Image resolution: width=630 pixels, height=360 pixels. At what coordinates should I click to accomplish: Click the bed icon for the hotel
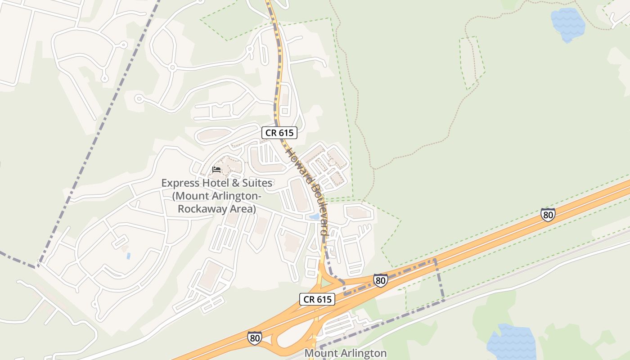pyautogui.click(x=216, y=170)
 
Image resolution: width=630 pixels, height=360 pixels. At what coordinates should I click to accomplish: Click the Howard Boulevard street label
pyautogui.click(x=305, y=191)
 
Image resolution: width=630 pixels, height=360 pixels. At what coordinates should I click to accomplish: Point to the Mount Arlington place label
pyautogui.click(x=346, y=353)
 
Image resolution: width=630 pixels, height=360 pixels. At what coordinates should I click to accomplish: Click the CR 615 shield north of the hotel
pyautogui.click(x=279, y=133)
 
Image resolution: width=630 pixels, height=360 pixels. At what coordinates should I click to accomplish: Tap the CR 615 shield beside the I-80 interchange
pyautogui.click(x=317, y=299)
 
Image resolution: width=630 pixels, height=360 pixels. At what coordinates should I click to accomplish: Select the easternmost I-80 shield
pyautogui.click(x=548, y=215)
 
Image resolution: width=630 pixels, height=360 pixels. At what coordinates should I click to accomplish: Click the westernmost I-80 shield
pyautogui.click(x=254, y=338)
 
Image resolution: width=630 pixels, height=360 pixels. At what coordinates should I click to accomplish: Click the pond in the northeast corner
pyautogui.click(x=567, y=24)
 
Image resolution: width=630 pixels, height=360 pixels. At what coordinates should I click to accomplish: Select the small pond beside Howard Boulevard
pyautogui.click(x=314, y=217)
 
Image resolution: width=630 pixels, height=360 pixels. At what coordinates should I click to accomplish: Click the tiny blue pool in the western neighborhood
pyautogui.click(x=129, y=256)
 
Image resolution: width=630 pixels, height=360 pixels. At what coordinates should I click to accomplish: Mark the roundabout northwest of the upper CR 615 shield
pyautogui.click(x=172, y=68)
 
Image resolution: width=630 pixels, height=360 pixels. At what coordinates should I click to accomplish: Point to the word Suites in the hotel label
pyautogui.click(x=256, y=183)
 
